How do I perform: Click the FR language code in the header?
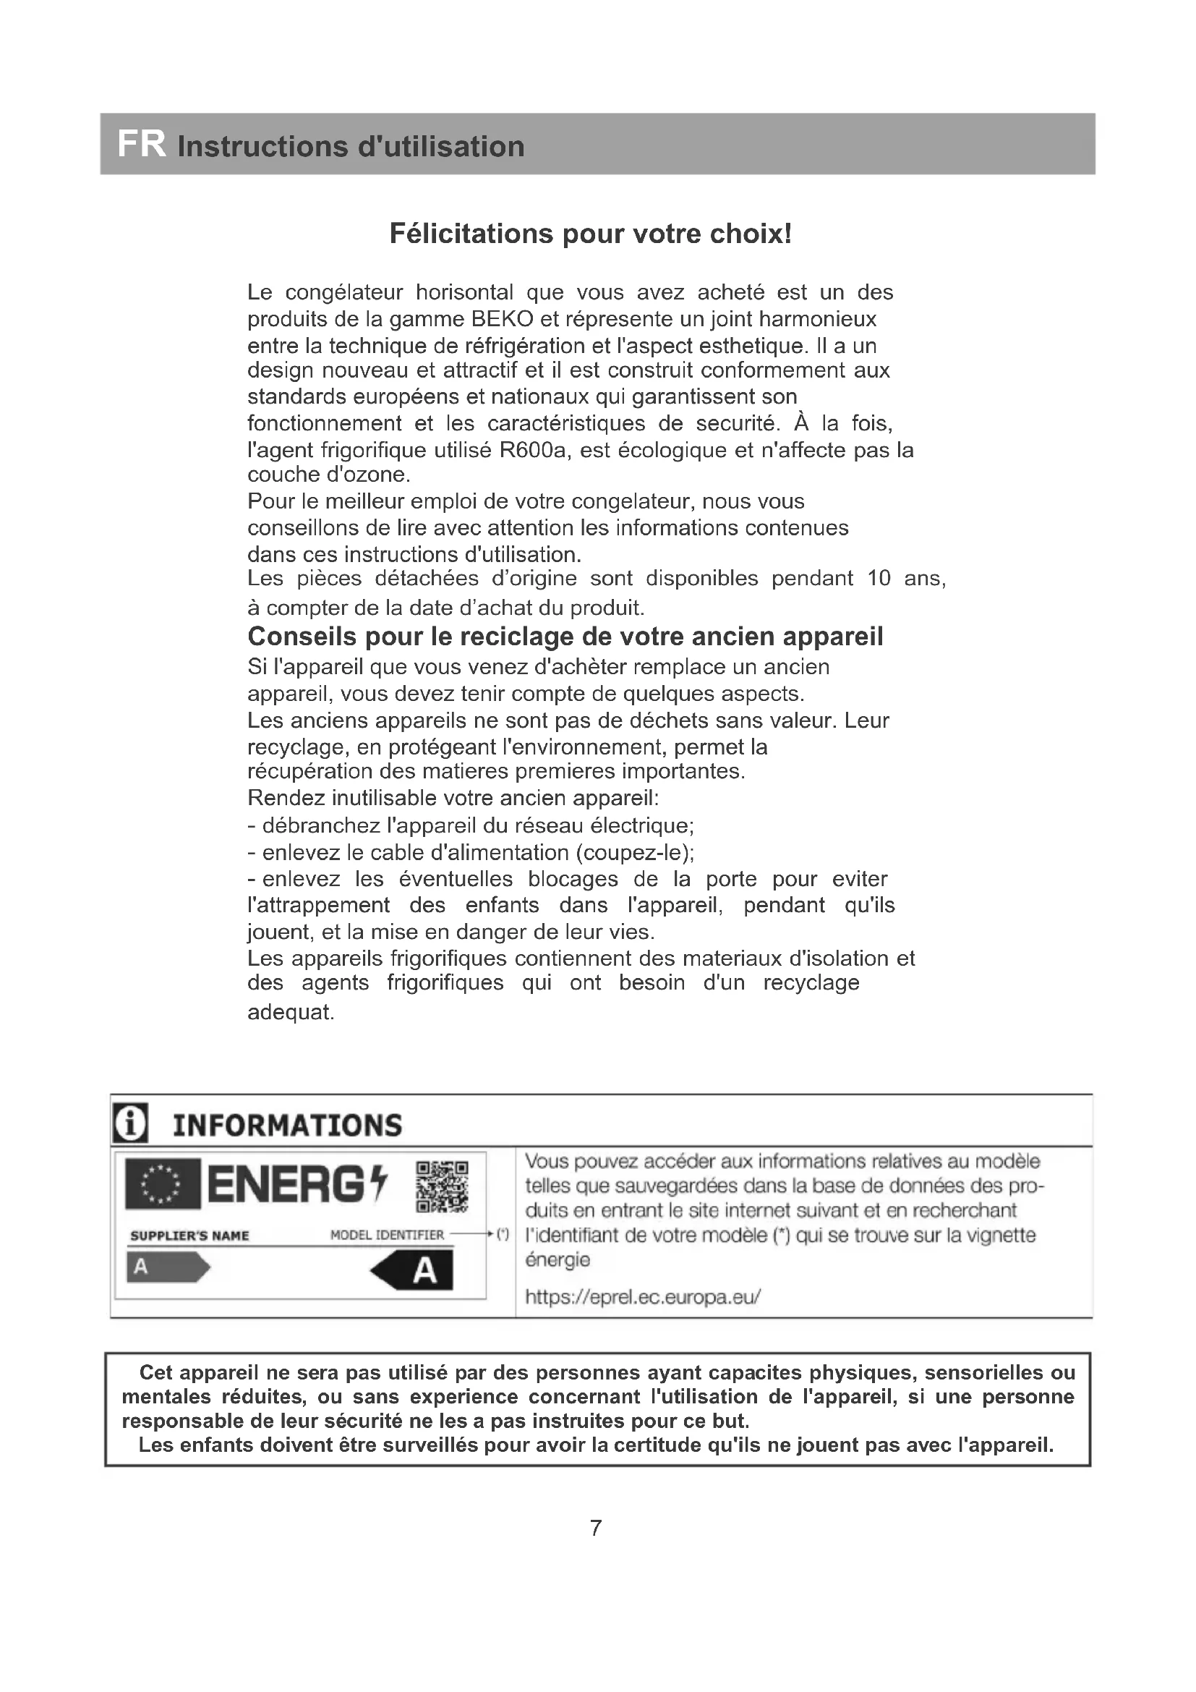(142, 145)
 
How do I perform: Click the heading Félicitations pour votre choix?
(591, 234)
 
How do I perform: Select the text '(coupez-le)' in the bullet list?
(634, 853)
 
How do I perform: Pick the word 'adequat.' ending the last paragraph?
(291, 1012)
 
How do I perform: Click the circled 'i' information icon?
(130, 1124)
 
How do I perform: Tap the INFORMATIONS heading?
(287, 1126)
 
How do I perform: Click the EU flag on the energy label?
(162, 1184)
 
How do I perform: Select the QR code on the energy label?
(442, 1187)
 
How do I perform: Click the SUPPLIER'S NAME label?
(189, 1236)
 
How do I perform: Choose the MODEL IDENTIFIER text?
(387, 1235)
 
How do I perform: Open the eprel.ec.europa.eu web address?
(642, 1296)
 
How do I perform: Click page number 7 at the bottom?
(596, 1528)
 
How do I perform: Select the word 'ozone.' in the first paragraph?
(377, 475)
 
